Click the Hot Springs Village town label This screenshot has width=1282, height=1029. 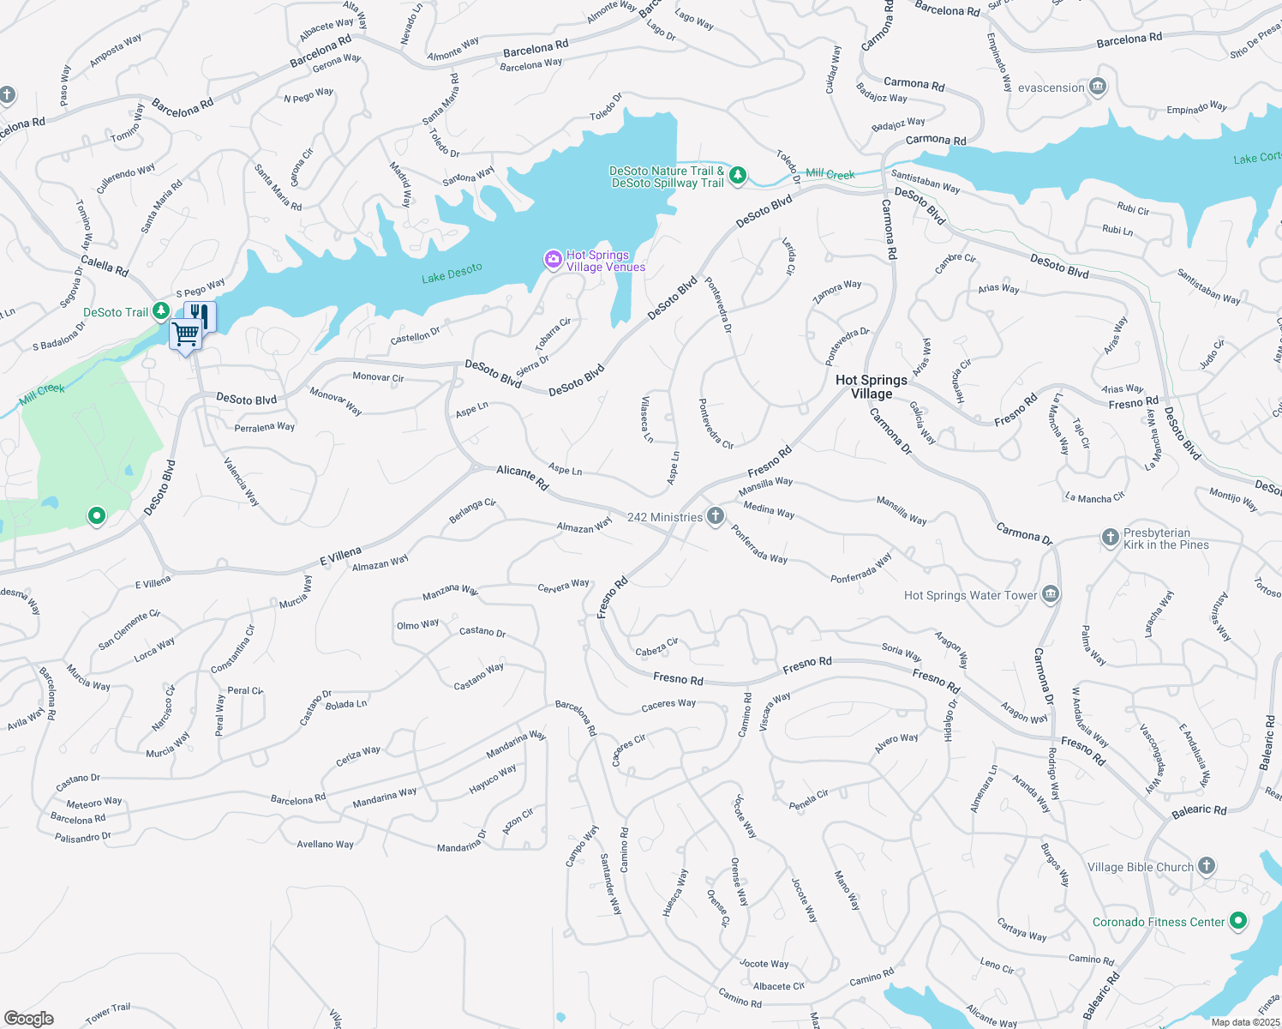[871, 387]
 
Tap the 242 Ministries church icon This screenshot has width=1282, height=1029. [716, 516]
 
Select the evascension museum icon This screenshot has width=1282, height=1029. [1098, 87]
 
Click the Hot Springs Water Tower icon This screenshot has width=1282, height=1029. [1051, 594]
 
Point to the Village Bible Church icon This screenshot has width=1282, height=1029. [1207, 866]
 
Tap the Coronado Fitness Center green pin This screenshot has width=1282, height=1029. [1237, 921]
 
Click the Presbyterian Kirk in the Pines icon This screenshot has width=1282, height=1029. [1110, 538]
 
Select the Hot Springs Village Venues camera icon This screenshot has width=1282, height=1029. [554, 259]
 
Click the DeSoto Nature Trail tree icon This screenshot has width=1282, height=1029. [737, 176]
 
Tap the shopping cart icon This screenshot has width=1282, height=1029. [186, 334]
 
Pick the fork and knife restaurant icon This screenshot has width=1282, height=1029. [200, 314]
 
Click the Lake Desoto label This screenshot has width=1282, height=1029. [452, 273]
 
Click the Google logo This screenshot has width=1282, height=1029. [28, 1019]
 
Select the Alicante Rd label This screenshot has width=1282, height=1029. [522, 477]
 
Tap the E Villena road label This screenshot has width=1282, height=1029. [340, 556]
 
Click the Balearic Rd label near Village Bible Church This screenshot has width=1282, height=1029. [1199, 810]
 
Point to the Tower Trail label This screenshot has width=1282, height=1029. [108, 1014]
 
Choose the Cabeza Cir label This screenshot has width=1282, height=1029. [656, 647]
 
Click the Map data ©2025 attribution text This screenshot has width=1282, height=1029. [1245, 1022]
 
